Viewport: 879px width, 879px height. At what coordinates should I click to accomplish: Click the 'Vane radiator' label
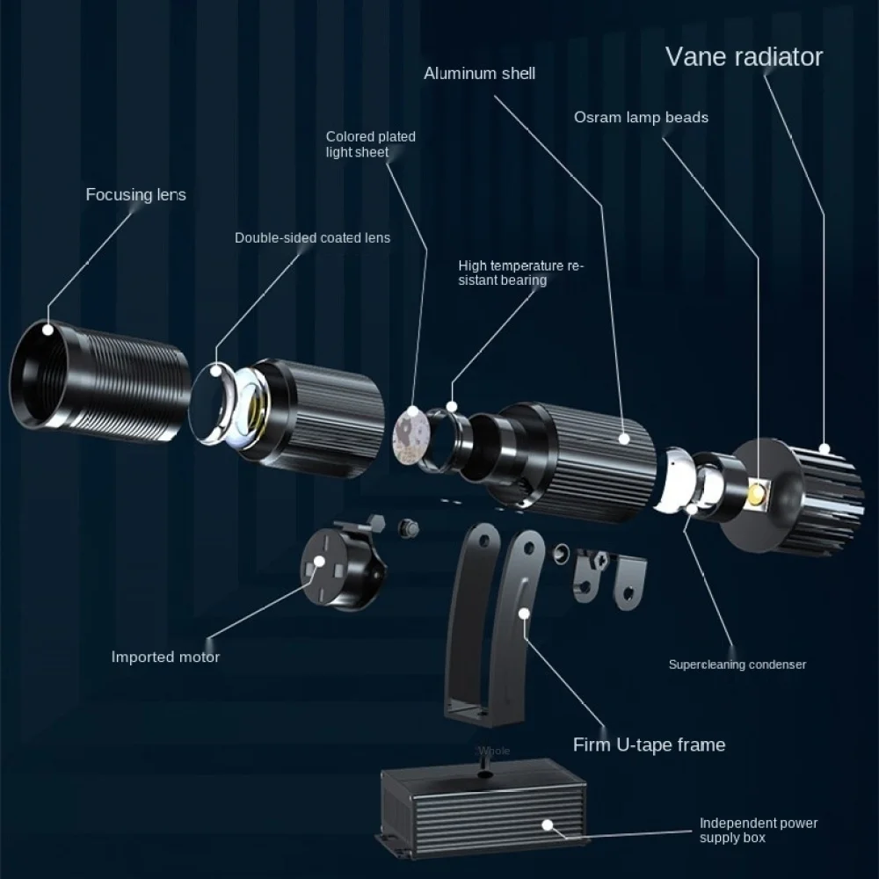click(744, 56)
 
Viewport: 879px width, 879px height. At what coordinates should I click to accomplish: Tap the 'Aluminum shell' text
click(479, 74)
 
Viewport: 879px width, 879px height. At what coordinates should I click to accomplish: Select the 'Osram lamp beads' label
click(641, 117)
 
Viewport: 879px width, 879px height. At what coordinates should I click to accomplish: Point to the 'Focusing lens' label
click(135, 194)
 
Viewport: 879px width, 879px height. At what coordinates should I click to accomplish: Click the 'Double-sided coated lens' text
click(312, 237)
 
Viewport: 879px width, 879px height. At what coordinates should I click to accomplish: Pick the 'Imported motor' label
click(165, 657)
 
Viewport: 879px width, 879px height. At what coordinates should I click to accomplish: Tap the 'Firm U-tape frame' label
click(650, 745)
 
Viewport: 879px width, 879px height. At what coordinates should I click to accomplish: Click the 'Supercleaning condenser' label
click(737, 665)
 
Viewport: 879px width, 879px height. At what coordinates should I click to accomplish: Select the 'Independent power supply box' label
click(759, 831)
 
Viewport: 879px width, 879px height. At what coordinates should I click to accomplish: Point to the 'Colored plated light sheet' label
click(371, 144)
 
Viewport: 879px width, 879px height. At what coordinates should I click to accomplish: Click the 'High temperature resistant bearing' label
click(520, 272)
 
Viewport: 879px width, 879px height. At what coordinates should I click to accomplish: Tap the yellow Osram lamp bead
click(758, 494)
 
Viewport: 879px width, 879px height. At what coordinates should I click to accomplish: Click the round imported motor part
click(343, 566)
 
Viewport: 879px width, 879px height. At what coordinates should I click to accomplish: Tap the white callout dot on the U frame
click(524, 614)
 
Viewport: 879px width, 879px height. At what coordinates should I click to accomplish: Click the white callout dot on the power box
click(547, 825)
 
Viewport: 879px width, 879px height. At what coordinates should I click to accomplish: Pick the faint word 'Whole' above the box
click(493, 751)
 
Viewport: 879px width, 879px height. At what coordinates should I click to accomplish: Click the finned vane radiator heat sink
click(796, 496)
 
